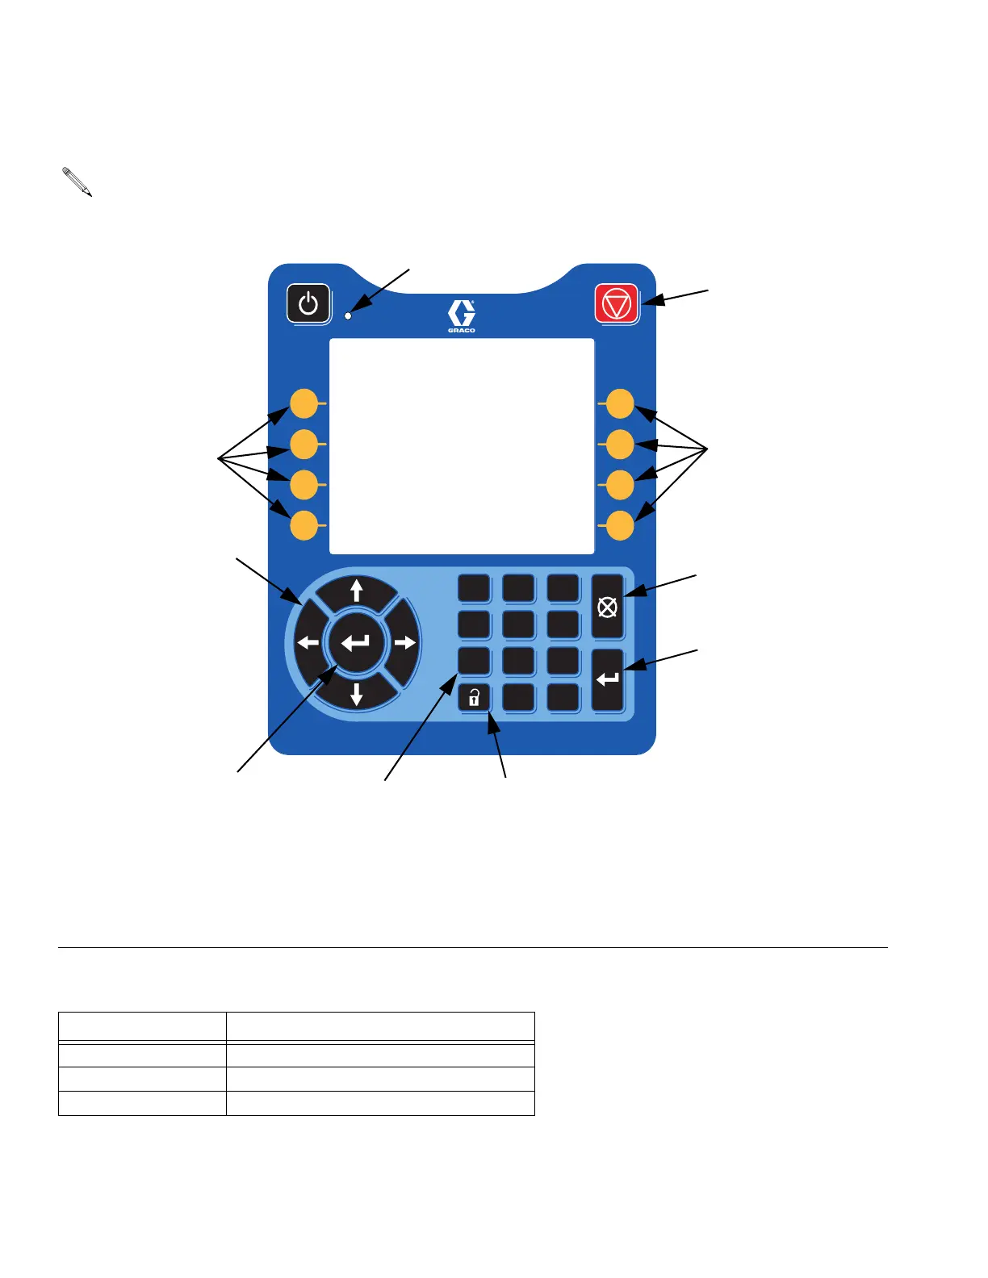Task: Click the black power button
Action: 308,304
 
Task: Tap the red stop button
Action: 616,304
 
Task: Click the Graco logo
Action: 462,315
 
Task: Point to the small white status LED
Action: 349,315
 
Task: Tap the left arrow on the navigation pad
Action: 308,643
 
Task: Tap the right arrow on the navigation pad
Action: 405,643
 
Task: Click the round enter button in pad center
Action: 356,643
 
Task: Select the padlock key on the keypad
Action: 474,698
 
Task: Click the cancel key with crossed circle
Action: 608,607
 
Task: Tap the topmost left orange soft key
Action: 304,403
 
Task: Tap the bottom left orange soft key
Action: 304,524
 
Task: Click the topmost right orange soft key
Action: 620,403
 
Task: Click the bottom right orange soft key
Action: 620,525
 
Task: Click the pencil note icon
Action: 77,182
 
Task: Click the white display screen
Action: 462,446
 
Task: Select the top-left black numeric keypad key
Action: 474,588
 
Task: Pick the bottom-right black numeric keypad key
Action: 563,698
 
